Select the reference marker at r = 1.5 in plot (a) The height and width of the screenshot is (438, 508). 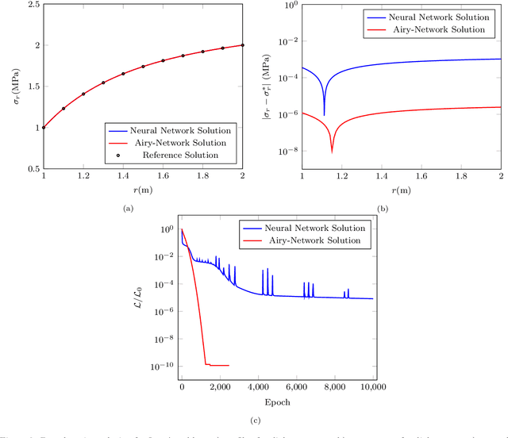[x=143, y=67]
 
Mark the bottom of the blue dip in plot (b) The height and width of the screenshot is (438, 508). [x=324, y=115]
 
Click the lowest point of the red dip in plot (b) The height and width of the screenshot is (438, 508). [x=332, y=152]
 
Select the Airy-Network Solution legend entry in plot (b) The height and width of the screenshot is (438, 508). [x=444, y=29]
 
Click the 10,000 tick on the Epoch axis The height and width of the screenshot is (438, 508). [x=372, y=387]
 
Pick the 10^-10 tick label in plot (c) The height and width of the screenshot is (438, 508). [x=160, y=367]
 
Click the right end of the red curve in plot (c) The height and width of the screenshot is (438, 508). [x=229, y=366]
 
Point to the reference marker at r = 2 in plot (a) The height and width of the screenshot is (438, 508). [x=242, y=45]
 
